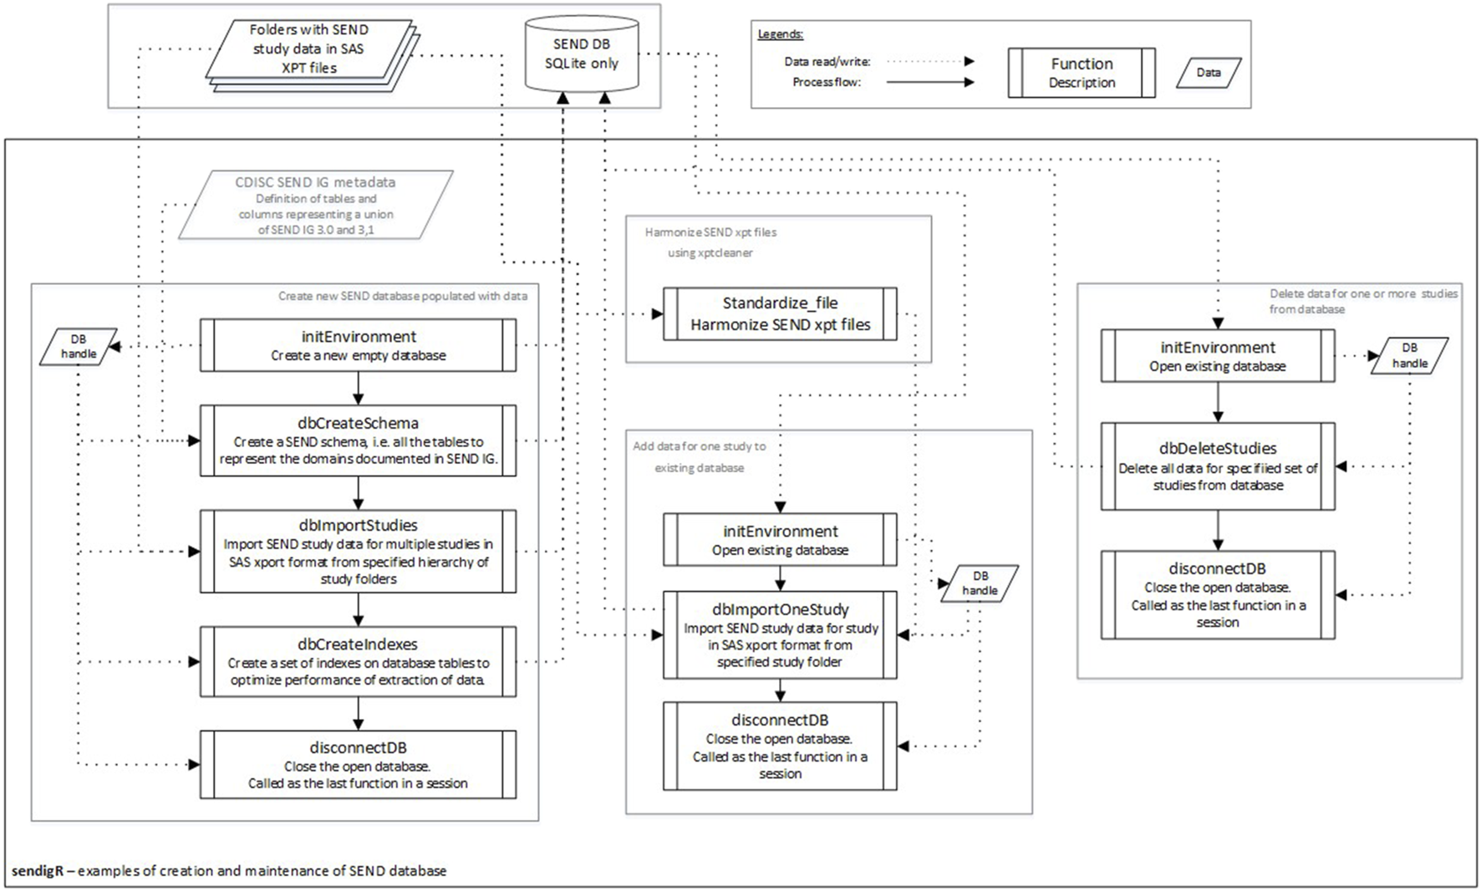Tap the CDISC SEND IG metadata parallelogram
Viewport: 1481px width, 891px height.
[x=315, y=206]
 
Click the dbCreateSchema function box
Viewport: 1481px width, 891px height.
[x=358, y=440]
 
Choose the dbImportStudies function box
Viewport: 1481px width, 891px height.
[x=358, y=551]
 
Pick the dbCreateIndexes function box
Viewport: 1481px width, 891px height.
[x=358, y=661]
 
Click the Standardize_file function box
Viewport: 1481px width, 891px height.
[x=780, y=313]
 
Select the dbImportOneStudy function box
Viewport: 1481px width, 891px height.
[x=780, y=634]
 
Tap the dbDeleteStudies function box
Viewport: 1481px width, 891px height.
[x=1218, y=466]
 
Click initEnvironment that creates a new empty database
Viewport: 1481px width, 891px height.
[x=358, y=345]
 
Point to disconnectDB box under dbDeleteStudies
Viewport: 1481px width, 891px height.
[x=1218, y=594]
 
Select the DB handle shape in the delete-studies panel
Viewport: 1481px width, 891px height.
[x=1409, y=355]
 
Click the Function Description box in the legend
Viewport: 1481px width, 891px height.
[x=1081, y=73]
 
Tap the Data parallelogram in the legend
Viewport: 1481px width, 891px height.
[x=1209, y=73]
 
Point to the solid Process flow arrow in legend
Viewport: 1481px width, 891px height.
[x=929, y=82]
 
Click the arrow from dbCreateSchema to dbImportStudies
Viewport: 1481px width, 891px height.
[x=358, y=493]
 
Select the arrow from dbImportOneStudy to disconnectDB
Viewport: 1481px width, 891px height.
[x=780, y=690]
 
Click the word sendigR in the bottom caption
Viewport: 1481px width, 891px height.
[x=38, y=870]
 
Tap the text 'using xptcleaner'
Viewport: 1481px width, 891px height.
[x=710, y=252]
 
